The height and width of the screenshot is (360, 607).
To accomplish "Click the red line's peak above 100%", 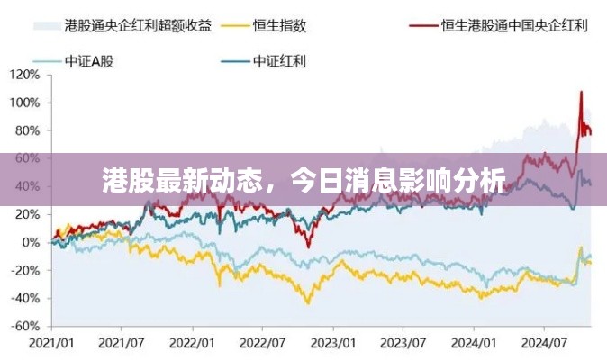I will (581, 91).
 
